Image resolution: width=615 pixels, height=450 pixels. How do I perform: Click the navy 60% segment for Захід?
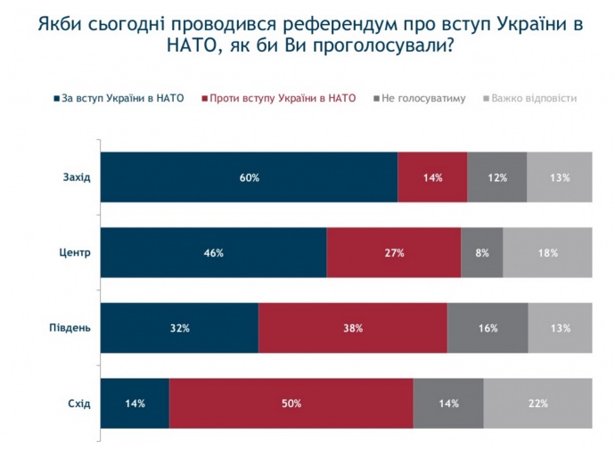[249, 177]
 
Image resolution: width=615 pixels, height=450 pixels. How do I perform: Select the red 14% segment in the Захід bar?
[432, 177]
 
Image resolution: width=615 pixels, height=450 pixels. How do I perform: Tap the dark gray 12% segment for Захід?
[496, 177]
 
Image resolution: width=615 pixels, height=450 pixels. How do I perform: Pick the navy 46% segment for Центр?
[213, 253]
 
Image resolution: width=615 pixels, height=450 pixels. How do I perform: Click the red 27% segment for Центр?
[393, 253]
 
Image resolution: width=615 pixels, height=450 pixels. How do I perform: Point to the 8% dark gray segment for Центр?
[481, 253]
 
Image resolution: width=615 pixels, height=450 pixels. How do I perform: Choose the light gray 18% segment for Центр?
[547, 253]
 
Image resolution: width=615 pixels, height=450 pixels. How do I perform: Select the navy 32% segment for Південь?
[179, 328]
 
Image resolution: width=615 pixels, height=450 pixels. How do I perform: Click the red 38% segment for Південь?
[352, 328]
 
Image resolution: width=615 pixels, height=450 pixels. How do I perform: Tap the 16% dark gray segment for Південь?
[487, 328]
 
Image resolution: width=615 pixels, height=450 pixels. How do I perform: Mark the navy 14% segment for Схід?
[135, 404]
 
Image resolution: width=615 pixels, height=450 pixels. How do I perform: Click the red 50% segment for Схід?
[291, 404]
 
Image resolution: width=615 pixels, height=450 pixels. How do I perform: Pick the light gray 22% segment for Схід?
[537, 404]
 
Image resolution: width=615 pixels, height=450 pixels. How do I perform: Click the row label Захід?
[78, 177]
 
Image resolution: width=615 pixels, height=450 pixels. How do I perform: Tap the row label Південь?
[70, 328]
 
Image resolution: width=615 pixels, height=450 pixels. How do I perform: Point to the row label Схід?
[79, 404]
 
